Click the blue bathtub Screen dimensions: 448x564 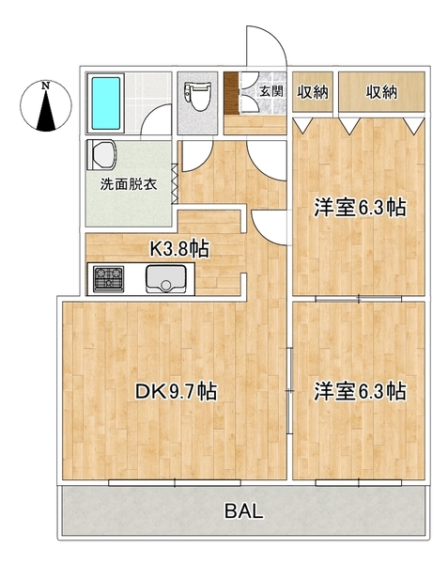point(105,103)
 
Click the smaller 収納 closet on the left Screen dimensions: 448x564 point(312,92)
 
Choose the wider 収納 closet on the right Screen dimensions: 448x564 point(381,92)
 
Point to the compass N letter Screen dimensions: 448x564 point(45,86)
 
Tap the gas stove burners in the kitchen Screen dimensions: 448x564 point(109,278)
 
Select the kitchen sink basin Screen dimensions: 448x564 point(166,279)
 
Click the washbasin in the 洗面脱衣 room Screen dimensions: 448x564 point(103,154)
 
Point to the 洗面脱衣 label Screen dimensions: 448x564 point(129,184)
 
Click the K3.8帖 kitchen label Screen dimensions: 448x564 point(178,248)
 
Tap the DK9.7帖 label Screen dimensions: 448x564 point(176,391)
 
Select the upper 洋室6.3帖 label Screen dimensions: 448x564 point(360,208)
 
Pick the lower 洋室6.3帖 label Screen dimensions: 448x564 point(360,391)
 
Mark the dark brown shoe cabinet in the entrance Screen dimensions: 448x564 point(231,93)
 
